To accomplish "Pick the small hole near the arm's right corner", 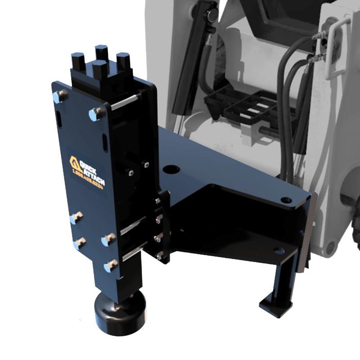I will coord(284,199).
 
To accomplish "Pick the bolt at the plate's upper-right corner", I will coord(96,113).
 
